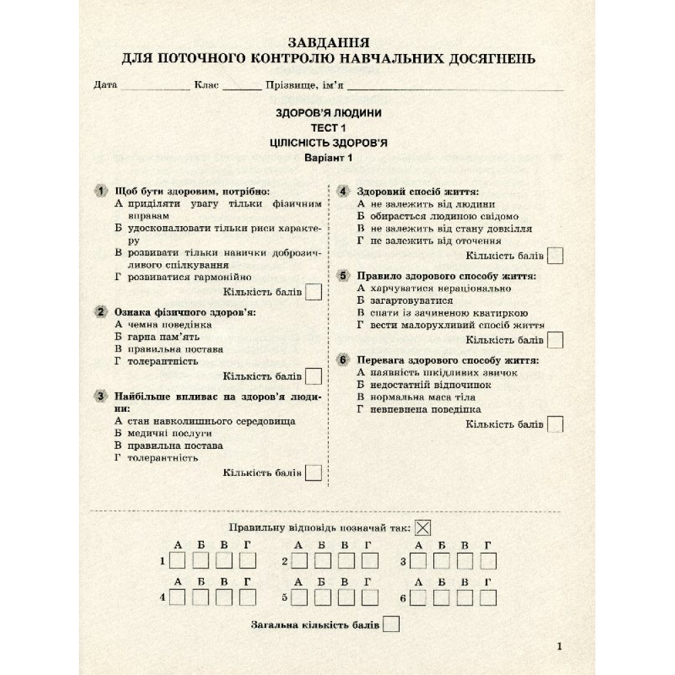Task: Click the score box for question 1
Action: point(313,292)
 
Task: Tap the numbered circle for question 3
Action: point(101,396)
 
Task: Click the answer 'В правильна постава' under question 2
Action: point(169,349)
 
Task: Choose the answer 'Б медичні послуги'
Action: point(164,433)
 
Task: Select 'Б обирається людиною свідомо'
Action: point(437,216)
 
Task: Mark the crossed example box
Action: point(423,528)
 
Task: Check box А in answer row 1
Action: point(178,561)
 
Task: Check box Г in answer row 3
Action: point(488,561)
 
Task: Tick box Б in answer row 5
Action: point(323,597)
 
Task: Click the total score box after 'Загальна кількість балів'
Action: point(391,624)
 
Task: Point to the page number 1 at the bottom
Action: point(560,647)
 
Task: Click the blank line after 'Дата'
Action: point(155,86)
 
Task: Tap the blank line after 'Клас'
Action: point(242,86)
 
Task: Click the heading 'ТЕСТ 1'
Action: point(328,128)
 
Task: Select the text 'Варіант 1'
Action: point(328,158)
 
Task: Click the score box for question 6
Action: point(555,425)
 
